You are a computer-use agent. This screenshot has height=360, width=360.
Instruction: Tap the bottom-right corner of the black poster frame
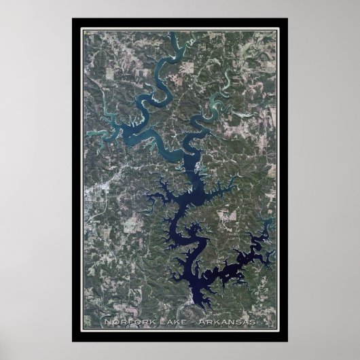pos(287,340)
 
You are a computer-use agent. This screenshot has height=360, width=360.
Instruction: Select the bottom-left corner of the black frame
pos(73,340)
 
